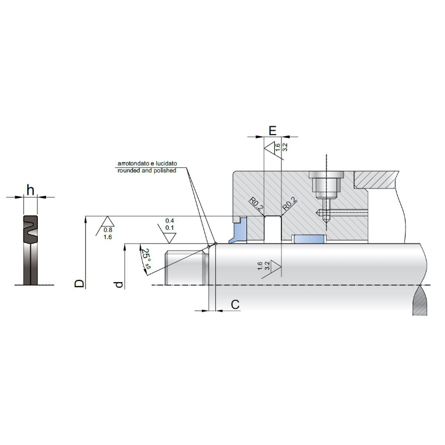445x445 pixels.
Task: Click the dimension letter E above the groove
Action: (x=273, y=131)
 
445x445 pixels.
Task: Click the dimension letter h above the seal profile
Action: (x=31, y=190)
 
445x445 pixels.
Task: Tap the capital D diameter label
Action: (x=80, y=283)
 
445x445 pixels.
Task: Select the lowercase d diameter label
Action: (x=119, y=284)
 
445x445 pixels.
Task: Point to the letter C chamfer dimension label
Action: (x=235, y=304)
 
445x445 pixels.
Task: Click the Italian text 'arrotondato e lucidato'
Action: (x=147, y=164)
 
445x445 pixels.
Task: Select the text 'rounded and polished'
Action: (x=147, y=171)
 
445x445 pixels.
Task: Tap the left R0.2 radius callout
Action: (x=256, y=205)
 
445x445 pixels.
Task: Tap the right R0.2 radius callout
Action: (x=290, y=204)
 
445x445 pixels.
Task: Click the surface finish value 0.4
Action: (x=170, y=221)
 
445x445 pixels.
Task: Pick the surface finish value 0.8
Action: (x=108, y=230)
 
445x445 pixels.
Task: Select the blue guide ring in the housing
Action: (x=309, y=239)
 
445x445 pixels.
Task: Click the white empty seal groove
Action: (x=273, y=230)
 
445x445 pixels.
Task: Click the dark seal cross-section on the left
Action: (x=31, y=250)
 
